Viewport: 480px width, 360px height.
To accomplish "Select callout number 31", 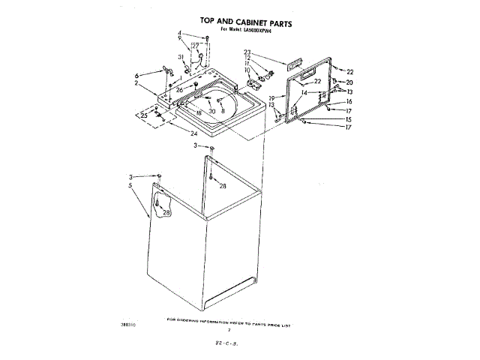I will (x=181, y=57).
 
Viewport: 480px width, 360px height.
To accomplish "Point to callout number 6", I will (x=136, y=76).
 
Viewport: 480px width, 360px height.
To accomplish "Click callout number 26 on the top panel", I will (x=180, y=89).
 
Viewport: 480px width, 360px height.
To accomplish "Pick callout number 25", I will (x=143, y=115).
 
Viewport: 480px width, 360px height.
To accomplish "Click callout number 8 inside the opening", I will (x=223, y=111).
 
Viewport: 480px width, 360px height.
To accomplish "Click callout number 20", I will (x=349, y=82).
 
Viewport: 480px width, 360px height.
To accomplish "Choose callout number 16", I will (x=349, y=101).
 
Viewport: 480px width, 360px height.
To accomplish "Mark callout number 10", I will (x=247, y=70).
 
